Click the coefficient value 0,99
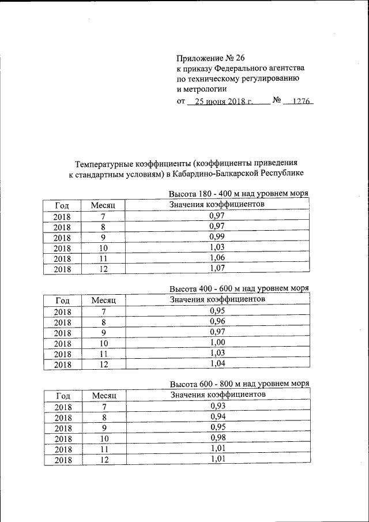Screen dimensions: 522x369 tap(217, 236)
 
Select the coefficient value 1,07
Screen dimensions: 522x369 tap(217, 268)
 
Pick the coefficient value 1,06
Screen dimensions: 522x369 tap(217, 257)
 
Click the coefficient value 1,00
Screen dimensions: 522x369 tap(217, 342)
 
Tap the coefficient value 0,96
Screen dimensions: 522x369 tap(217, 321)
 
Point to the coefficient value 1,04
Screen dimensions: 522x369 tap(217, 363)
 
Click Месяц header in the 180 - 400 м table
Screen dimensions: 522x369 tap(104, 205)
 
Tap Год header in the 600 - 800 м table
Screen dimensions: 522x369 tap(63, 396)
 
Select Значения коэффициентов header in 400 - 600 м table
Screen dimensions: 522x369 tap(217, 299)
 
